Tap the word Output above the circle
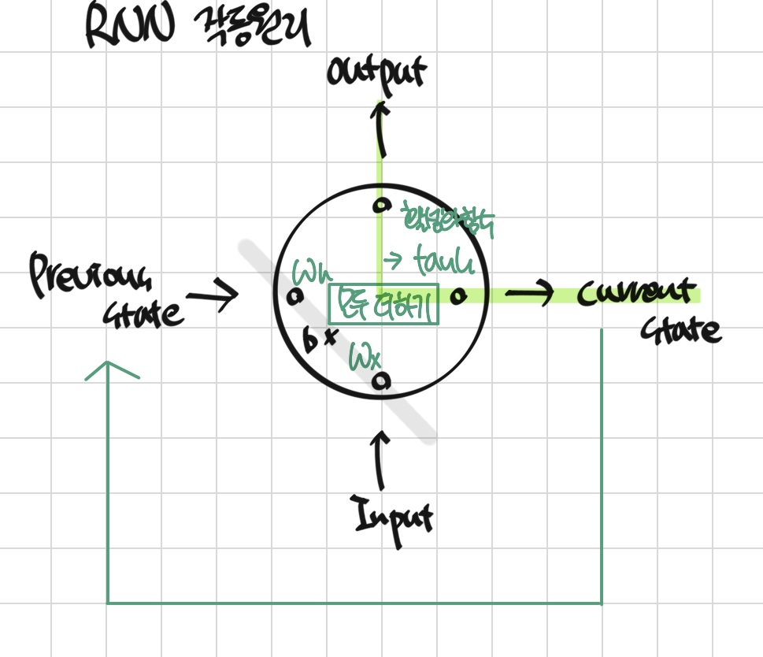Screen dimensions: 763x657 [x=376, y=72]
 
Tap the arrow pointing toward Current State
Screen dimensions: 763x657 [x=529, y=294]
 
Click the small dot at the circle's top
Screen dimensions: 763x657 [x=382, y=206]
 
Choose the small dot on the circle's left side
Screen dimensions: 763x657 [x=295, y=297]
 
